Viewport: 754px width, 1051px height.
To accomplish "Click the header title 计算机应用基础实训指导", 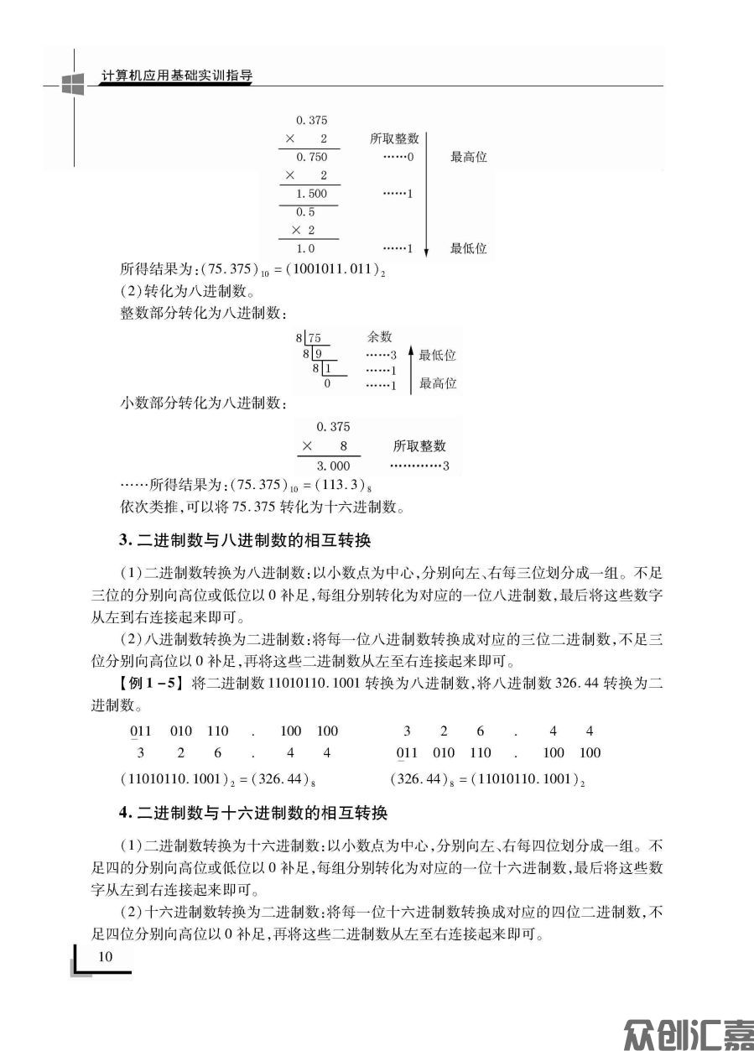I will pyautogui.click(x=176, y=75).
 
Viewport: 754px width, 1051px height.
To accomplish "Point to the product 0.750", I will pyautogui.click(x=311, y=157).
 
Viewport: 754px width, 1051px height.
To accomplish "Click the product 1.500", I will pyautogui.click(x=311, y=194).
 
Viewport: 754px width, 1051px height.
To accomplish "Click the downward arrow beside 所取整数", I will pyautogui.click(x=427, y=193).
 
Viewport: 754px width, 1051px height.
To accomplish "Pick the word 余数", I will pyautogui.click(x=380, y=336).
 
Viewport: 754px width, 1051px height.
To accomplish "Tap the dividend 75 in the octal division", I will pyautogui.click(x=315, y=338).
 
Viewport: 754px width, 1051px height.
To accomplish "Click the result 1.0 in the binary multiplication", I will pyautogui.click(x=305, y=248).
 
